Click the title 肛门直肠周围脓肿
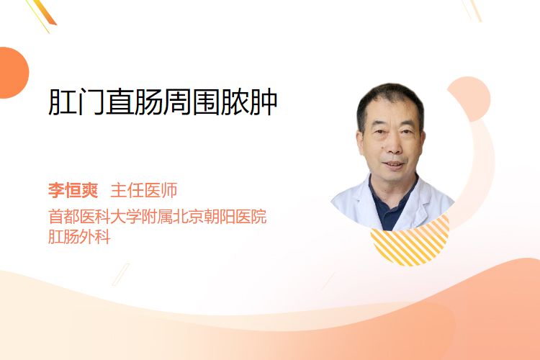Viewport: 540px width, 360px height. click(x=163, y=102)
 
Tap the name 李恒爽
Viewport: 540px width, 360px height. click(x=73, y=190)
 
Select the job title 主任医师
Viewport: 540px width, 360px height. click(x=143, y=190)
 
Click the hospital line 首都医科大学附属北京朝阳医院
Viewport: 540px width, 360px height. click(x=158, y=216)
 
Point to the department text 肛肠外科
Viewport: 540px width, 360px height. click(x=79, y=237)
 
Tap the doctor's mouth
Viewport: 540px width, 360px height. click(x=394, y=165)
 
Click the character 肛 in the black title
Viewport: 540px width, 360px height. click(x=63, y=102)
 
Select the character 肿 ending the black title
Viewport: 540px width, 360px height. click(x=264, y=102)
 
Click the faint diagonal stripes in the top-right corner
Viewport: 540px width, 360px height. click(x=472, y=10)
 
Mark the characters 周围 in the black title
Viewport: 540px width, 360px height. click(x=192, y=102)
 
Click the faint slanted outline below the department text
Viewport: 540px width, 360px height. click(x=121, y=274)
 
